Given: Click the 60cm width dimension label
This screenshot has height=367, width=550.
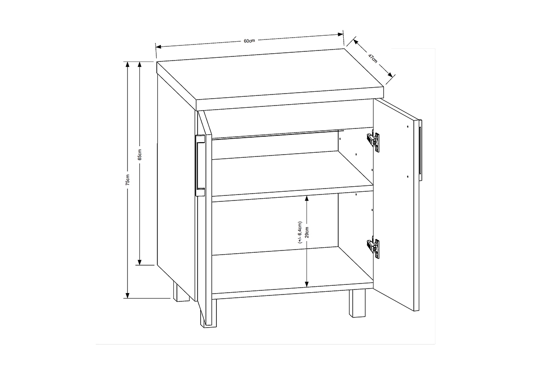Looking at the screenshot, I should (x=249, y=41).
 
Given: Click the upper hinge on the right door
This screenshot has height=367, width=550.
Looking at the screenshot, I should (x=373, y=141).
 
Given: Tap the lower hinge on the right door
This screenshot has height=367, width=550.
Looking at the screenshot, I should (x=373, y=248).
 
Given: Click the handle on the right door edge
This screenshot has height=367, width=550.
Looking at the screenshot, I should (x=420, y=147).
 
